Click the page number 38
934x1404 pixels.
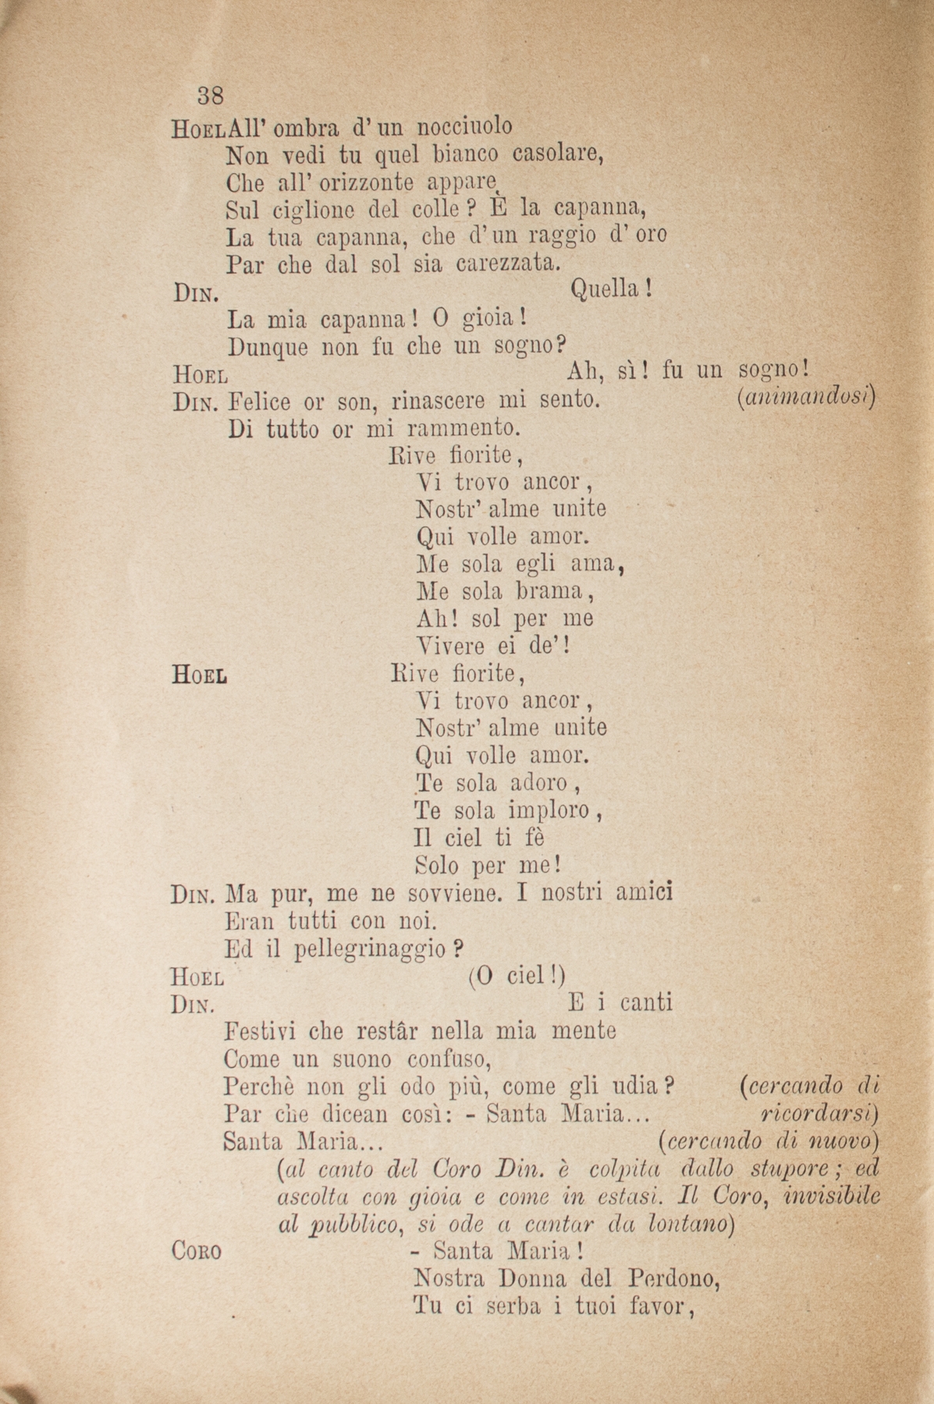tap(211, 95)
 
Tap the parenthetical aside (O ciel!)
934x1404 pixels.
tap(517, 977)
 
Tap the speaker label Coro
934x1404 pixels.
tap(196, 1251)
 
